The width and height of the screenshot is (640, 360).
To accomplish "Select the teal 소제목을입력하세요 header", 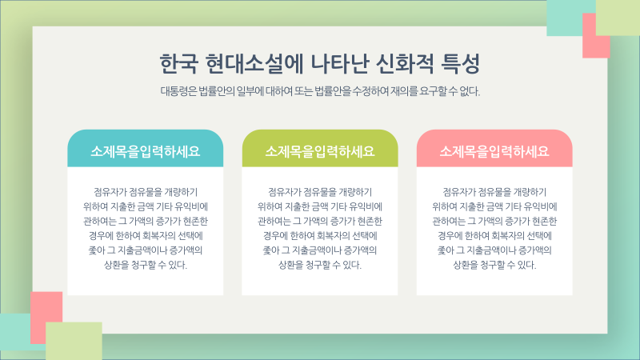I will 145,150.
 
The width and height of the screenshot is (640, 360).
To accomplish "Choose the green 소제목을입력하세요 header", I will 319,150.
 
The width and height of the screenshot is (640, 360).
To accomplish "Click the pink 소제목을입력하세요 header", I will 494,150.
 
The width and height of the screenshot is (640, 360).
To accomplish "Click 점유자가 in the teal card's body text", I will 111,192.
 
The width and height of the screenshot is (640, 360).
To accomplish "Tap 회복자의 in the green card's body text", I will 333,235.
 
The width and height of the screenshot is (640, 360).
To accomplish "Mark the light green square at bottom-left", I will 74,341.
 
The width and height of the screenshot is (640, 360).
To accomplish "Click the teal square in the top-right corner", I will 570,16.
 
